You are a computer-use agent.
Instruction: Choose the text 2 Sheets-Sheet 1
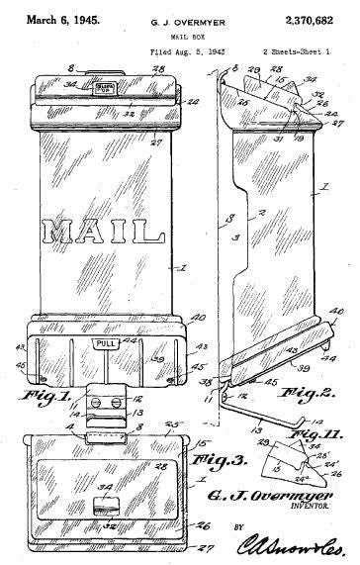[x=296, y=48]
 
